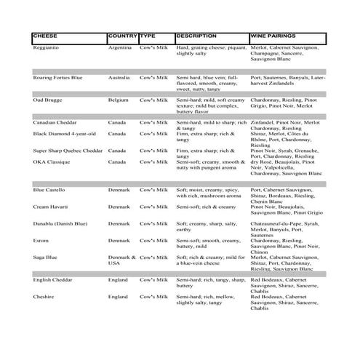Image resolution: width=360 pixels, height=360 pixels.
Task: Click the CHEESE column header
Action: [x=48, y=36]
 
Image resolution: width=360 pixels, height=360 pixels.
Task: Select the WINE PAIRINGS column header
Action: [x=272, y=36]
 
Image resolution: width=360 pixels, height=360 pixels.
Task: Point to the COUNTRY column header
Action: [x=122, y=36]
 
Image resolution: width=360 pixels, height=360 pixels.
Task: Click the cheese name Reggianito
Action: [x=48, y=47]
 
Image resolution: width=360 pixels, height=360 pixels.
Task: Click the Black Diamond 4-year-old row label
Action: [x=65, y=134]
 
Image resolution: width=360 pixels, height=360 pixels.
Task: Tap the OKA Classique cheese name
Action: [x=53, y=162]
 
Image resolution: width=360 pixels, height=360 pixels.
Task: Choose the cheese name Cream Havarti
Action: [x=52, y=207]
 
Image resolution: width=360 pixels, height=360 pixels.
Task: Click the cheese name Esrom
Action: [x=42, y=240]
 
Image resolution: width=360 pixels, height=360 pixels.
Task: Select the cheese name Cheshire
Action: [x=45, y=297]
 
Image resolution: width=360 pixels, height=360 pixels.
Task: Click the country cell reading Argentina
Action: [x=120, y=47]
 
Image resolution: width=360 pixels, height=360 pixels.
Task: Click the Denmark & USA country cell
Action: [x=121, y=260]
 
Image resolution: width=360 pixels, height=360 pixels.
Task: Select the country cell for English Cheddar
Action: [x=119, y=279]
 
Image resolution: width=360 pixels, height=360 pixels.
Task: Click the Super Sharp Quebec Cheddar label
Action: [x=68, y=151]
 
